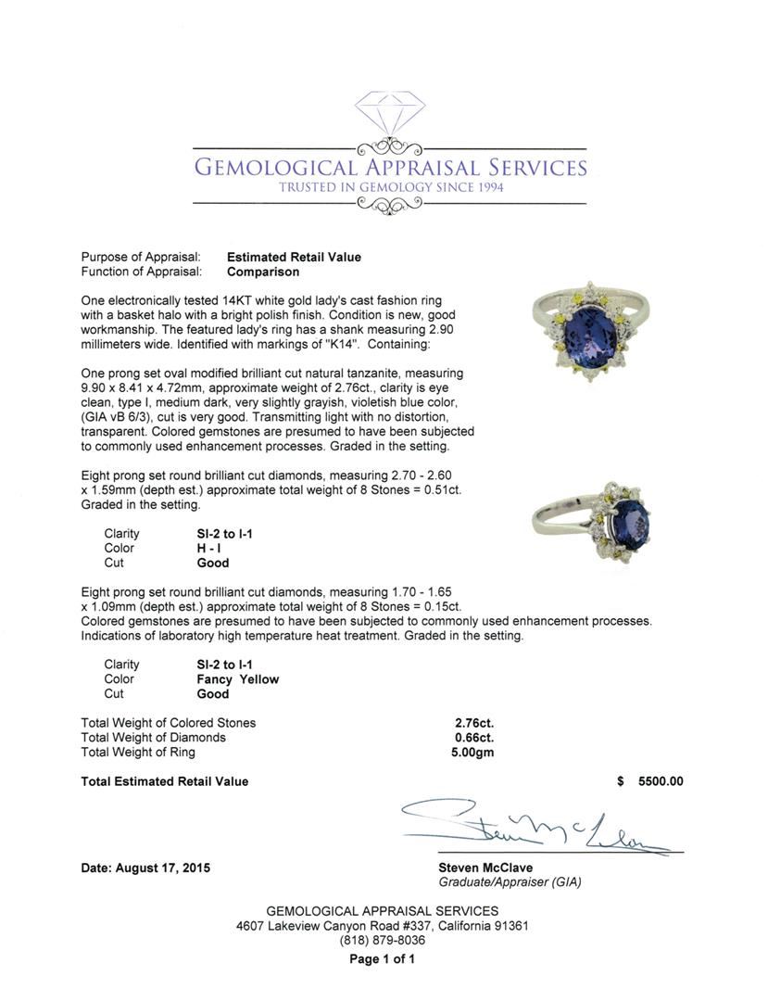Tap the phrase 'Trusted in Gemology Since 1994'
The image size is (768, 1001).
tap(388, 187)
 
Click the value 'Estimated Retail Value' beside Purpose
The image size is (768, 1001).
tap(294, 257)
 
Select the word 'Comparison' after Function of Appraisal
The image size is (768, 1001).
tap(263, 272)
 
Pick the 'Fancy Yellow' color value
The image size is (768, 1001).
tap(237, 678)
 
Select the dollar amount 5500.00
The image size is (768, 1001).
tap(661, 781)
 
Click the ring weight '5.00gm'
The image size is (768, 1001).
tap(472, 753)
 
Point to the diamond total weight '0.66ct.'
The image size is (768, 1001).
tap(473, 738)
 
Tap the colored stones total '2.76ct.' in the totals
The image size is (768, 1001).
tap(473, 723)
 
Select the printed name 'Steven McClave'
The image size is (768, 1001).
tap(485, 868)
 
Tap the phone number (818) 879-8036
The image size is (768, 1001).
tap(383, 940)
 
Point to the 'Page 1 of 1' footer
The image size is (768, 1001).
tap(383, 959)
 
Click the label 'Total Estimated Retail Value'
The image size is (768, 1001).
tap(165, 781)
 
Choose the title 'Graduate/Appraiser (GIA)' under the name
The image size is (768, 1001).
tap(510, 882)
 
